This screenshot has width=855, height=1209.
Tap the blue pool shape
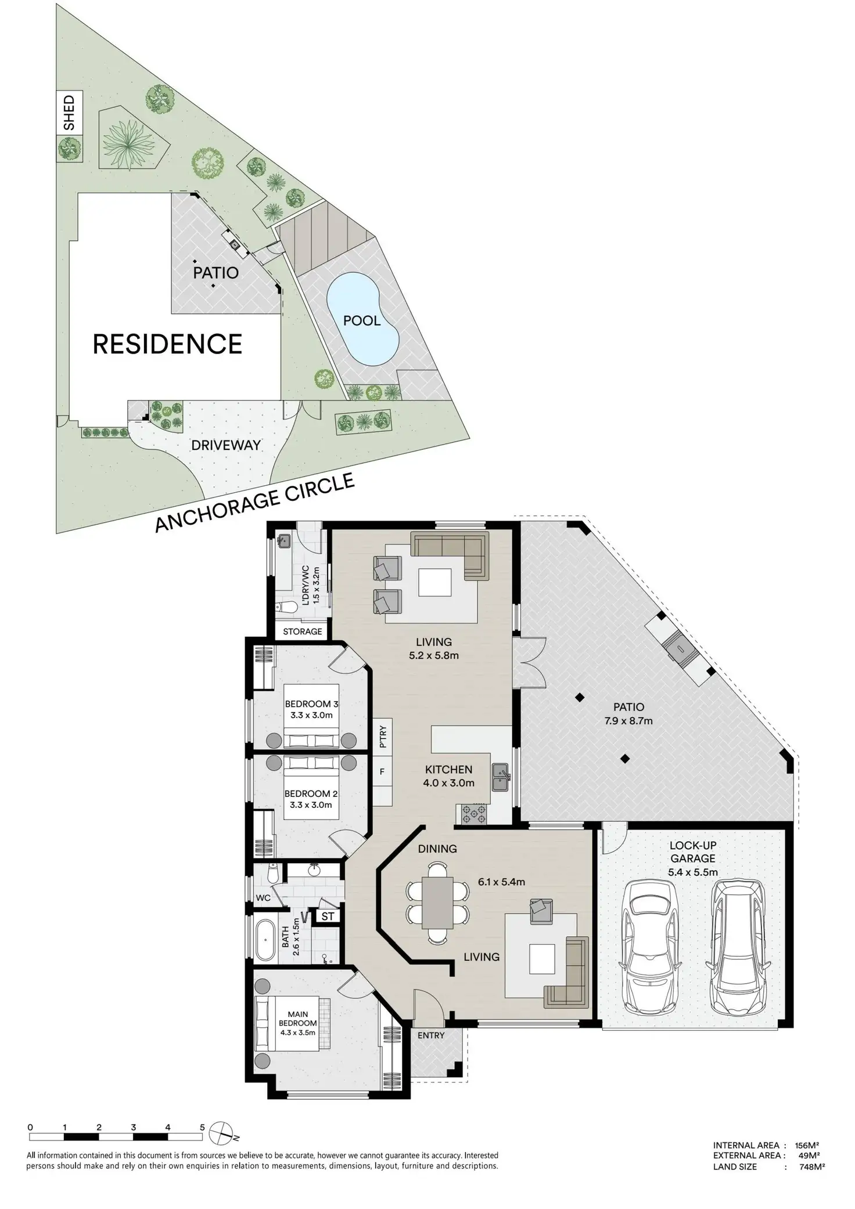point(362,320)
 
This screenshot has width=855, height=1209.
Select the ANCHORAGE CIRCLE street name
point(254,502)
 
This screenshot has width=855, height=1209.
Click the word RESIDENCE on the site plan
point(167,344)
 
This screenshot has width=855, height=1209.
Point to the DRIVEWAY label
point(226,445)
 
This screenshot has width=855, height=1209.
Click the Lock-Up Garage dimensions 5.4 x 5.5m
point(693,872)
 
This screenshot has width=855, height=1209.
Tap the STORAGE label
point(302,631)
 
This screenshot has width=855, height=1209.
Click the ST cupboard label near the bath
point(328,916)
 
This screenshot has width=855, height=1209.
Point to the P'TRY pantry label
point(383,737)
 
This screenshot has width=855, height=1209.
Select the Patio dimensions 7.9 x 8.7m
point(628,721)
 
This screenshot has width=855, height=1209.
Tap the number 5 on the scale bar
point(202,1127)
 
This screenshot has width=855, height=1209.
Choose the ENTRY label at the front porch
point(431,1035)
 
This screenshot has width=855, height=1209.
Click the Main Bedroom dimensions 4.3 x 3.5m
point(298,1033)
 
